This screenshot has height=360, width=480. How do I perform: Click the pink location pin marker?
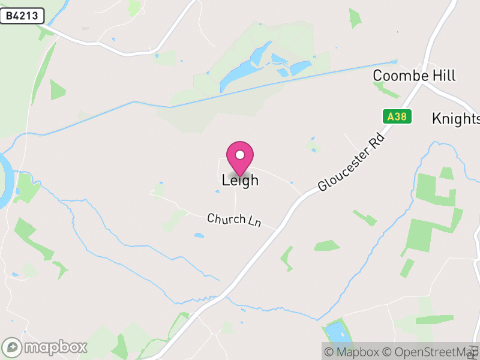pyautogui.click(x=240, y=158)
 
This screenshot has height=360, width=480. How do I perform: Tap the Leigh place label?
pyautogui.click(x=240, y=179)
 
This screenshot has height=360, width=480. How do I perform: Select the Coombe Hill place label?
pyautogui.click(x=414, y=76)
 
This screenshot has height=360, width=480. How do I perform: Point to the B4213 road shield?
pyautogui.click(x=22, y=16)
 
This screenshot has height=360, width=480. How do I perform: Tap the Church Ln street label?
pyautogui.click(x=234, y=220)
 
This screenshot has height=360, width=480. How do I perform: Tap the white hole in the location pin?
pyautogui.click(x=240, y=155)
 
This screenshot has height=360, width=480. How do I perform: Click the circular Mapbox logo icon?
pyautogui.click(x=13, y=347)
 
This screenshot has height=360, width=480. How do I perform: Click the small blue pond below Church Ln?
pyautogui.click(x=199, y=235)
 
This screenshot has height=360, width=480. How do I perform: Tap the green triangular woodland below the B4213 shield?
pyautogui.click(x=58, y=90)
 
